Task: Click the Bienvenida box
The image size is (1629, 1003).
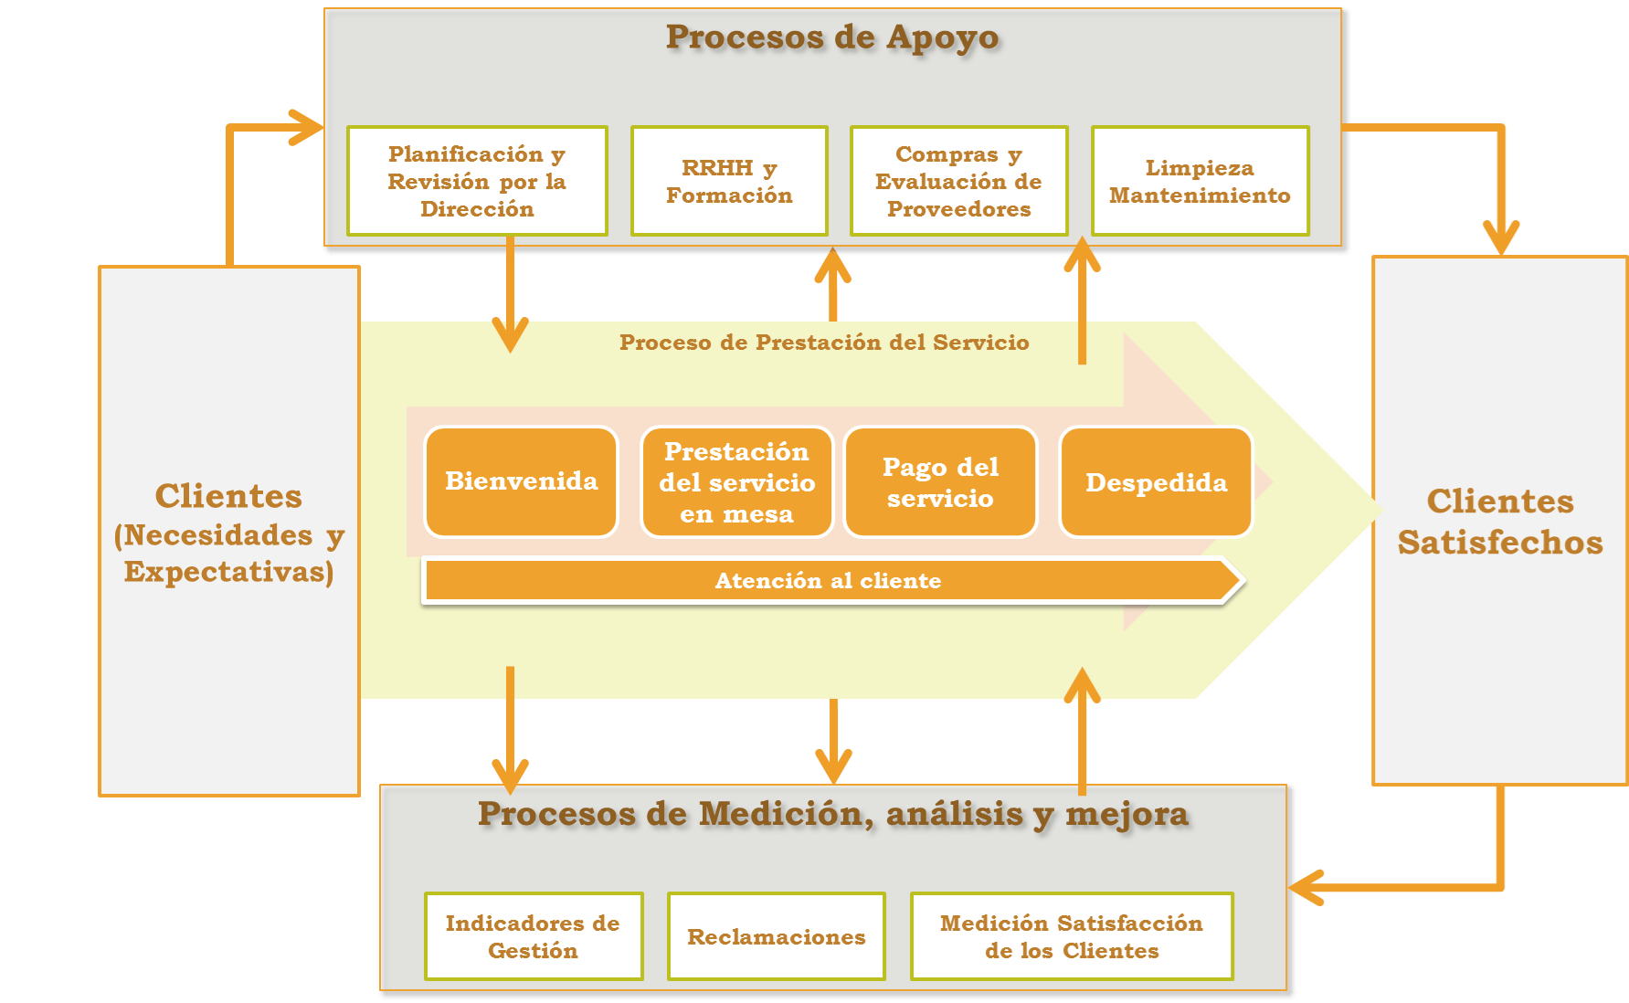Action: coord(521,481)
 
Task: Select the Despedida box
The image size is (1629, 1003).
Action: coord(1156,482)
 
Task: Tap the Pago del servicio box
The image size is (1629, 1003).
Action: coord(940,482)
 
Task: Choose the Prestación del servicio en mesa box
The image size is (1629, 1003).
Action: coord(736,482)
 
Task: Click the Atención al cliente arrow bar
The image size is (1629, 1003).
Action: coord(829,581)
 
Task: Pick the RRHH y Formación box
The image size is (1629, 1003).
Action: coord(729,181)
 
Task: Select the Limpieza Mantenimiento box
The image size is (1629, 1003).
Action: coord(1200,181)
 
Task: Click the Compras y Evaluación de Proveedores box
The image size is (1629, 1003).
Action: coord(958,181)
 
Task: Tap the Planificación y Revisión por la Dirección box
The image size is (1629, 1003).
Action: coord(477,181)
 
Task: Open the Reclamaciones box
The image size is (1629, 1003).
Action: coord(776,936)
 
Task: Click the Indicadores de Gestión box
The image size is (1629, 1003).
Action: coord(533,936)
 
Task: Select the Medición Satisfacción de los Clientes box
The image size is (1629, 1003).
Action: coord(1072,936)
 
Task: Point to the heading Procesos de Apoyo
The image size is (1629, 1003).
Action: coord(832,37)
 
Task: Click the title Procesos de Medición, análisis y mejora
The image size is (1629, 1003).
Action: coord(833,814)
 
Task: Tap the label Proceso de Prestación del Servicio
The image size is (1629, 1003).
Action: coord(824,343)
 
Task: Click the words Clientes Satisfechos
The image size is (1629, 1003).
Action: coord(1500,522)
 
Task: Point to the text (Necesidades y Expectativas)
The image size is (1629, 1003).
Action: coord(228,554)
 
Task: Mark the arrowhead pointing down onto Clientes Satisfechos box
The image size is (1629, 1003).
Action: coord(1501,239)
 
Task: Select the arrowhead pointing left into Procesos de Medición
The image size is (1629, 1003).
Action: coord(1306,887)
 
